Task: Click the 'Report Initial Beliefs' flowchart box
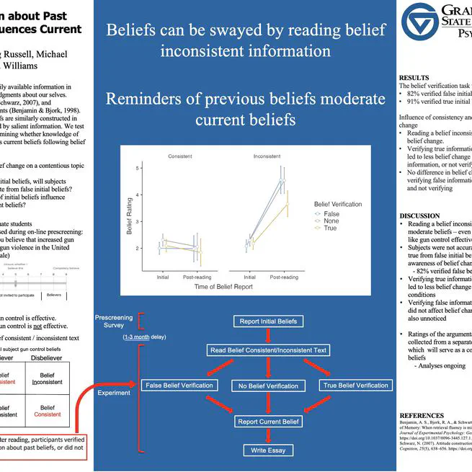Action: [x=267, y=321]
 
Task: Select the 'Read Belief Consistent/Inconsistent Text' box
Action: [x=267, y=350]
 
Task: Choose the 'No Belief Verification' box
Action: [x=267, y=386]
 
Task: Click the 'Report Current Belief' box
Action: [x=267, y=421]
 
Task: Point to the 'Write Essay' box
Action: [x=267, y=450]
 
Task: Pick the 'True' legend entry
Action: [x=330, y=228]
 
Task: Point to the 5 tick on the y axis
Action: [x=137, y=168]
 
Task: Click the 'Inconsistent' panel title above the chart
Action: [x=267, y=156]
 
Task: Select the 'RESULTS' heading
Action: [x=414, y=77]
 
